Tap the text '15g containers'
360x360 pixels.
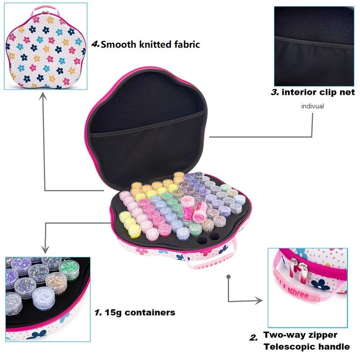pyautogui.click(x=139, y=312)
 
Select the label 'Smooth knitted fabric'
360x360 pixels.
pyautogui.click(x=150, y=44)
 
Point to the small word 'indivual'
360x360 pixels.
pyautogui.click(x=312, y=107)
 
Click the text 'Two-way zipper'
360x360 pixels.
pyautogui.click(x=300, y=335)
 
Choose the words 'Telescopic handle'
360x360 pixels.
pyautogui.click(x=306, y=346)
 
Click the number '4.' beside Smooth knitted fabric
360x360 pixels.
pyautogui.click(x=95, y=44)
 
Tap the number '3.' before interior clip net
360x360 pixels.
pyautogui.click(x=274, y=92)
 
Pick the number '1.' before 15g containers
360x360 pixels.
pyautogui.click(x=98, y=312)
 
